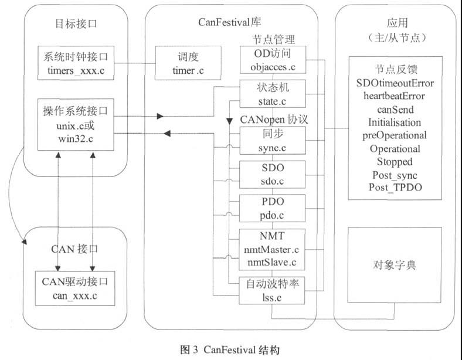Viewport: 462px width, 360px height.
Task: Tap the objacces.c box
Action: point(273,60)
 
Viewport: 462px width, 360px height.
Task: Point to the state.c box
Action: point(273,94)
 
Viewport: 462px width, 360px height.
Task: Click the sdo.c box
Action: point(273,175)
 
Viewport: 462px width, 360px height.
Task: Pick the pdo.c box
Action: point(273,209)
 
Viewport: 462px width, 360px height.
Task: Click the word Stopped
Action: point(394,161)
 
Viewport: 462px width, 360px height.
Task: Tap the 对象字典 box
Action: point(394,264)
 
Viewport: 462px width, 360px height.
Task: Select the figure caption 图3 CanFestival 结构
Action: point(230,349)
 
